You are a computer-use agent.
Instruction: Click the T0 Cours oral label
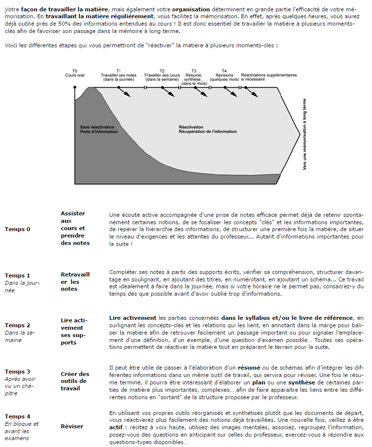[75, 73]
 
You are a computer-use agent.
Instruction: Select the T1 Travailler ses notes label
[118, 75]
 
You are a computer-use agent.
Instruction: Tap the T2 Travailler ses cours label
[162, 75]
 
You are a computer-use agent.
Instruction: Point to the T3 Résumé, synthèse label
[194, 77]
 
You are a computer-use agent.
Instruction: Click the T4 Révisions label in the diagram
[224, 75]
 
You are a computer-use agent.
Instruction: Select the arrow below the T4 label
[230, 93]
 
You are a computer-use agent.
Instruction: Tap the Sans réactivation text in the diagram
[97, 127]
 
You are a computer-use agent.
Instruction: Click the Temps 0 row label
[17, 229]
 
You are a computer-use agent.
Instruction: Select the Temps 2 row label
[17, 325]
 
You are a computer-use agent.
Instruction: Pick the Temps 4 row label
[17, 416]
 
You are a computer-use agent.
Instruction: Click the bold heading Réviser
[72, 426]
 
